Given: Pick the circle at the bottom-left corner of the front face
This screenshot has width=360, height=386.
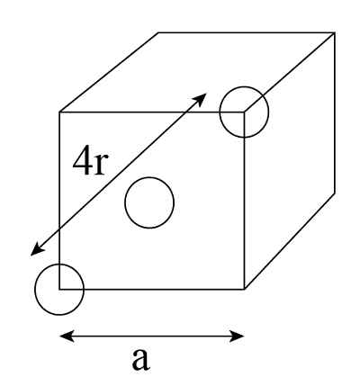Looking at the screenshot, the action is click(58, 290).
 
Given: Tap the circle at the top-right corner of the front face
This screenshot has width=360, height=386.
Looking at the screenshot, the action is click(244, 112).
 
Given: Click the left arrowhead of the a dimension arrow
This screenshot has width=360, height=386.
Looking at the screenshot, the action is click(64, 337).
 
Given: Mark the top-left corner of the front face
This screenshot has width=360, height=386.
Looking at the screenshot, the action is click(59, 112).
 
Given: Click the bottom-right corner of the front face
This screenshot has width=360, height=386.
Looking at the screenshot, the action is click(245, 290).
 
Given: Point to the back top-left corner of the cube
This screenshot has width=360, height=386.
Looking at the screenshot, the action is click(159, 31).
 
